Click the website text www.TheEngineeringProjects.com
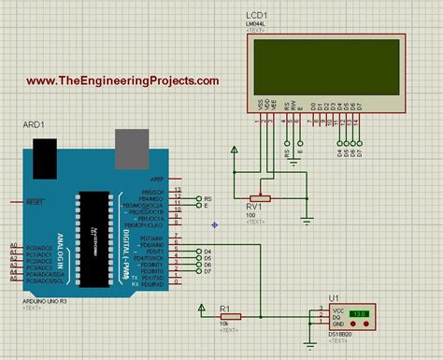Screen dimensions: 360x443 122,81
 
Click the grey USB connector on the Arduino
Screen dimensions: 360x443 131,144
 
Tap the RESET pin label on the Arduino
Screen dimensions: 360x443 35,201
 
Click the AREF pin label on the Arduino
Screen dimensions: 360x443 157,179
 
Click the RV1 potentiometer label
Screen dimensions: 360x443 253,207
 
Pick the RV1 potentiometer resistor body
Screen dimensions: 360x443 263,198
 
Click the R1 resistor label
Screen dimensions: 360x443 224,307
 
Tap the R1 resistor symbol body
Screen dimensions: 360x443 231,316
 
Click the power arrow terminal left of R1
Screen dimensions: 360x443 201,309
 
